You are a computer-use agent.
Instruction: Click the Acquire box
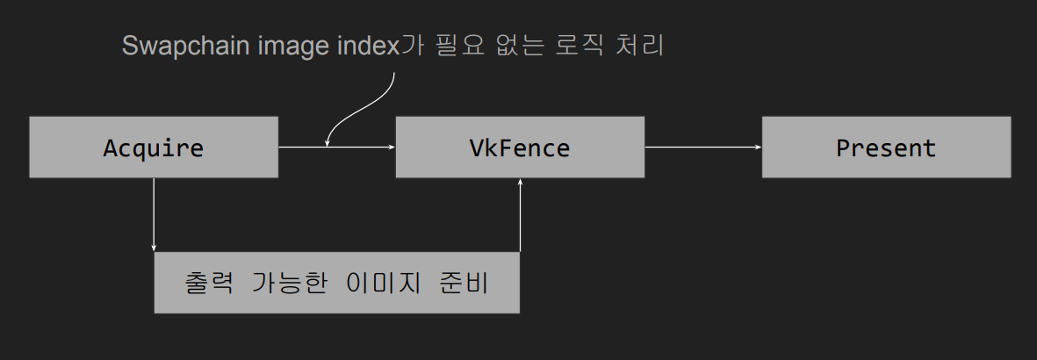(154, 148)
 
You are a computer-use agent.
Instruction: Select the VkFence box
(520, 148)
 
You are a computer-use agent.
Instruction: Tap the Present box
(886, 148)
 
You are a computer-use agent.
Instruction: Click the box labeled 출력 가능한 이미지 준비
(336, 283)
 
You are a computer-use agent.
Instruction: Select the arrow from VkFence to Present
(703, 148)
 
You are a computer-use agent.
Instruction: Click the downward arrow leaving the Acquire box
(154, 215)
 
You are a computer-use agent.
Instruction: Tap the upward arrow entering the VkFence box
(521, 215)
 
